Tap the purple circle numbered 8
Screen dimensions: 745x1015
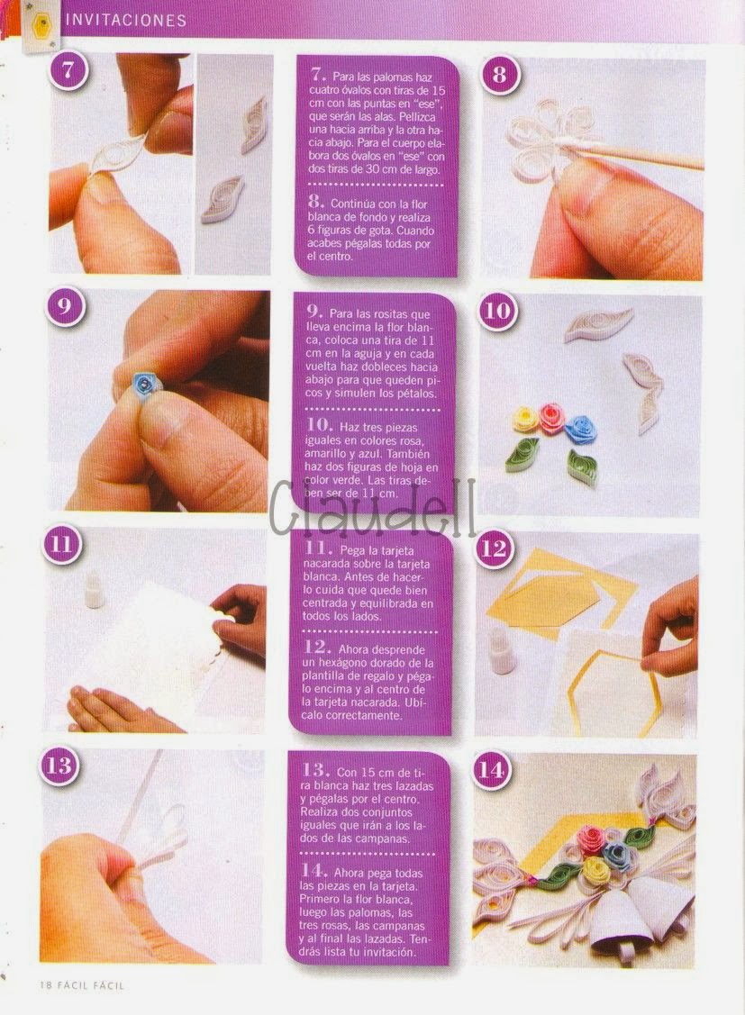499,75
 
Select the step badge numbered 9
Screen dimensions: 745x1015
63,306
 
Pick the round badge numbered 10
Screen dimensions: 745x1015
498,312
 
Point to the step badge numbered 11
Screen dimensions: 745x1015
60,544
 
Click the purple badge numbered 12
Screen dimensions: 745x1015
495,549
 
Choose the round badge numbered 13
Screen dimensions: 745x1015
59,766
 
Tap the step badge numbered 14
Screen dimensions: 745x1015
492,770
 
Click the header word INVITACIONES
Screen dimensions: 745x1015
125,21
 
